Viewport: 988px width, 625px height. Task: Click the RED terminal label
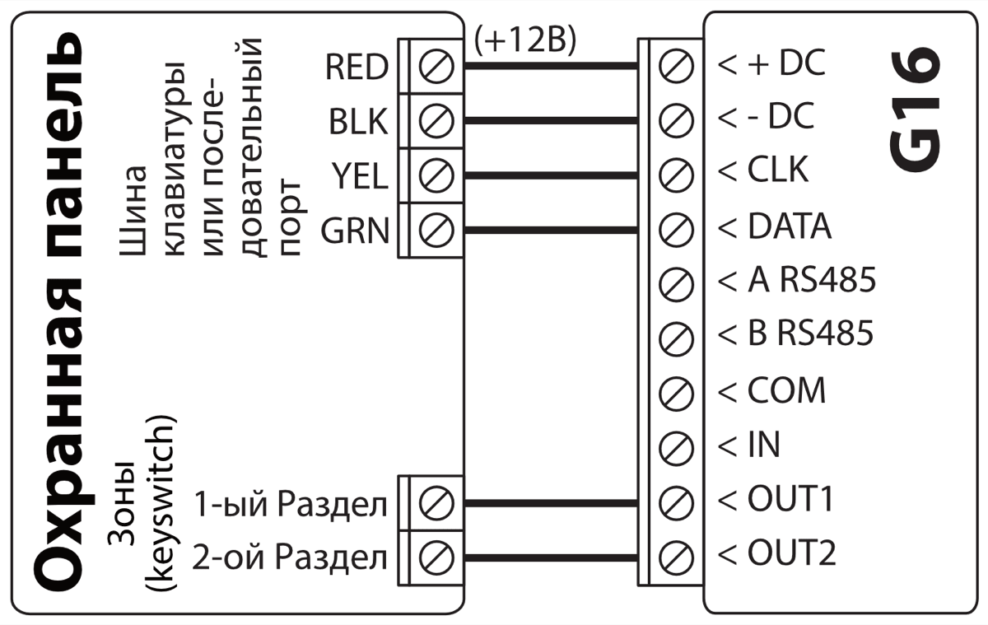point(356,67)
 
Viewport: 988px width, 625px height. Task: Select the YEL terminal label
point(359,176)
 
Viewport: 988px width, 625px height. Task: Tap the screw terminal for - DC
point(677,119)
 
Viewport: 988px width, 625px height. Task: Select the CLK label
point(777,170)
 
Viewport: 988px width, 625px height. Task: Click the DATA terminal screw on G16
point(677,228)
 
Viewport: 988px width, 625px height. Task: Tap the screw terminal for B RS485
point(677,337)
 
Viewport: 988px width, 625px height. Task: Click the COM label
point(785,389)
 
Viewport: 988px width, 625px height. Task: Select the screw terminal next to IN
point(677,446)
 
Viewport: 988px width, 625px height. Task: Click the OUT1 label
point(791,499)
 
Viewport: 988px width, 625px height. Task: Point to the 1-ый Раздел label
point(291,504)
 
